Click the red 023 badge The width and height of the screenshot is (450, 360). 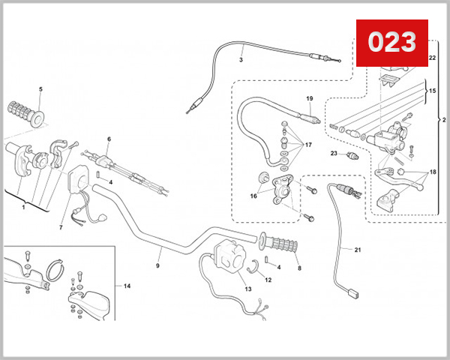pos(392,43)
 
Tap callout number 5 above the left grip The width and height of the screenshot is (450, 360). pos(40,89)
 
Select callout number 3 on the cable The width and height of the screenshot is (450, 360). pos(241,60)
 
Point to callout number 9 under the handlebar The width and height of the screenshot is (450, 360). pos(157,265)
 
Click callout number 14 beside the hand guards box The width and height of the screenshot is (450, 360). pos(127,286)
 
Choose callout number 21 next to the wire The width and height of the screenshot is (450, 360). pos(357,250)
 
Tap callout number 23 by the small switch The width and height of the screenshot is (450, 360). pos(334,153)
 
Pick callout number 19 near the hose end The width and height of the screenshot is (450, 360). pos(309,98)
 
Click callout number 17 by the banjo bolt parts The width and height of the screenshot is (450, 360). pos(308,145)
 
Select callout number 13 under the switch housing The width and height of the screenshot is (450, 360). pos(248,289)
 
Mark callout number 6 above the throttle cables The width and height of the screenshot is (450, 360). pos(109,139)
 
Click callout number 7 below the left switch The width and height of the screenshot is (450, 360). pos(61,228)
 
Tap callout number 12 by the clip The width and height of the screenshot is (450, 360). pos(268,280)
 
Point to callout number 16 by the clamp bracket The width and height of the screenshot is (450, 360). pos(253,196)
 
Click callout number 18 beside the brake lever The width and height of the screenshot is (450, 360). pos(433,172)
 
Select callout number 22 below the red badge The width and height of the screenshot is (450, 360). pos(432,58)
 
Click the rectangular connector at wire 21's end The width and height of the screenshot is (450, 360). pos(353,294)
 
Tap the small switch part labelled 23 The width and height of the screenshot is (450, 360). pos(352,156)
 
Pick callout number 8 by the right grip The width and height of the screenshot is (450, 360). pos(299,268)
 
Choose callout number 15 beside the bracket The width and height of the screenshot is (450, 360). pos(432,91)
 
